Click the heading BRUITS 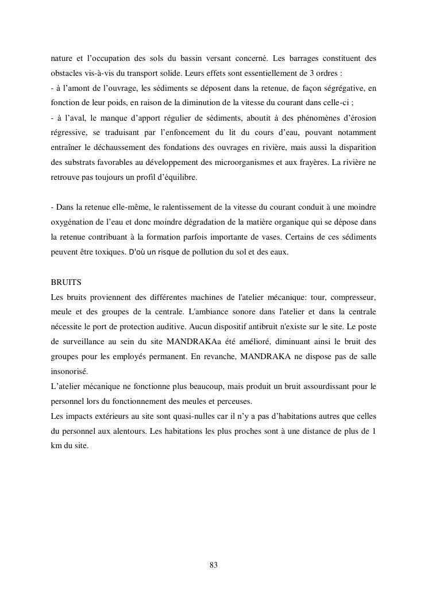pos(66,283)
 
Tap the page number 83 pos(214,565)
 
